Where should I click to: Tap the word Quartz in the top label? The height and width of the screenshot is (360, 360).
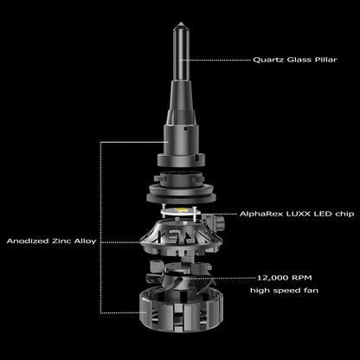pyautogui.click(x=268, y=60)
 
